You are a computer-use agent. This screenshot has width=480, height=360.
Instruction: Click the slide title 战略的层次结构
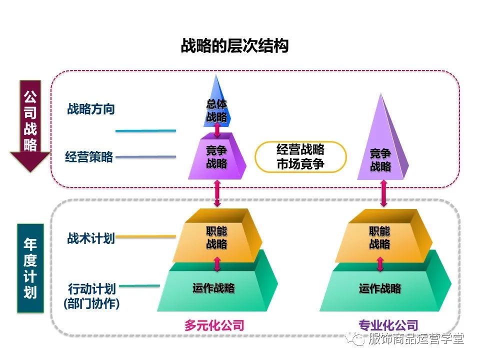(x=234, y=46)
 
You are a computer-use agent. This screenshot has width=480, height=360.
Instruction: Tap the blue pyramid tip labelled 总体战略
(x=216, y=107)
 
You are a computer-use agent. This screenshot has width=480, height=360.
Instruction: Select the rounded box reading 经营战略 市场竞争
(x=300, y=156)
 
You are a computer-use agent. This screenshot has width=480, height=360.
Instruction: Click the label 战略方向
(x=91, y=109)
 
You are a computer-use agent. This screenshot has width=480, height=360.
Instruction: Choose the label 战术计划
(x=91, y=238)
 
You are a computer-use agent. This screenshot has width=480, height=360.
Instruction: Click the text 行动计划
(x=92, y=289)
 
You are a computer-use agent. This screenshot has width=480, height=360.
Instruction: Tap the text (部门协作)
(x=91, y=303)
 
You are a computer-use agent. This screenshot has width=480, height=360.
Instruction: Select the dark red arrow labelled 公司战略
(x=30, y=125)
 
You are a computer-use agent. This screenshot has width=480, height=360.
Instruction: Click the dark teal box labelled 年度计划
(x=30, y=268)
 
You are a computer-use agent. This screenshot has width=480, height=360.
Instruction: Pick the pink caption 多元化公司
(x=214, y=325)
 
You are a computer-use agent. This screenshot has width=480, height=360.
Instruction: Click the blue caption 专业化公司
(x=381, y=325)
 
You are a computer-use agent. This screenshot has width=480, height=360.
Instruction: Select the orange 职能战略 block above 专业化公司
(x=380, y=238)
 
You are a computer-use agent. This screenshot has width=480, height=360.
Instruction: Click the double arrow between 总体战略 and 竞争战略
(x=217, y=129)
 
